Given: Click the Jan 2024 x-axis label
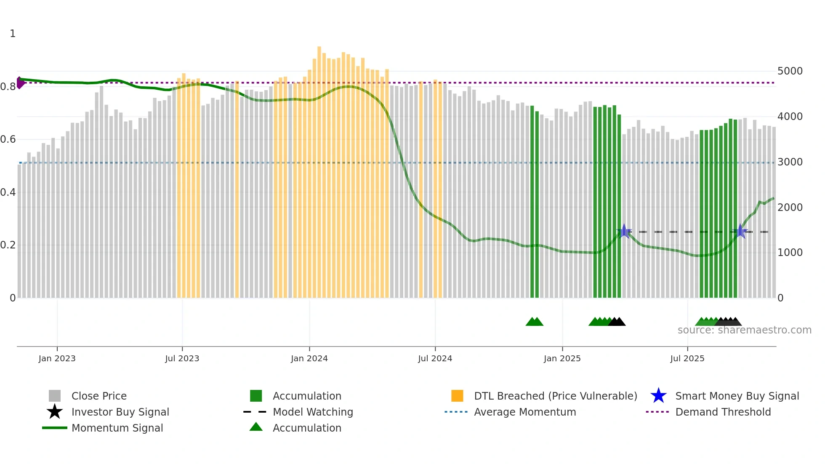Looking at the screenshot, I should pyautogui.click(x=309, y=358).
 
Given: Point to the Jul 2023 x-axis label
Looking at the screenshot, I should pyautogui.click(x=182, y=358).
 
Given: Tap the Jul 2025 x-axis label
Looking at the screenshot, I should pyautogui.click(x=687, y=358).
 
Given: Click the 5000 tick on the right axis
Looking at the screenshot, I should pyautogui.click(x=790, y=71).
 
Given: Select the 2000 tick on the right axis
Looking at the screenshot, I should pyautogui.click(x=790, y=207).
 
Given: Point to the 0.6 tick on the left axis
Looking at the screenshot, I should pyautogui.click(x=8, y=139).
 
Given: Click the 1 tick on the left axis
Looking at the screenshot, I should pyautogui.click(x=13, y=34).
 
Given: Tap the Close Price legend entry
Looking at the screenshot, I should pyautogui.click(x=99, y=396).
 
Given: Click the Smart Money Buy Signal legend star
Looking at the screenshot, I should pyautogui.click(x=658, y=396).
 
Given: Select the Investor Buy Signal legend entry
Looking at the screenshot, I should pyautogui.click(x=120, y=412).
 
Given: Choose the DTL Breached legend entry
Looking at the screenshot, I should pyautogui.click(x=555, y=396).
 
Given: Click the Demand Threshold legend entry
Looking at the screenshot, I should pyautogui.click(x=723, y=412).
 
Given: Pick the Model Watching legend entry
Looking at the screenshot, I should pyautogui.click(x=313, y=412).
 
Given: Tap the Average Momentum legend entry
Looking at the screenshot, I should pyautogui.click(x=524, y=412).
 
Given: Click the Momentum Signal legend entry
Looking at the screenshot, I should pyautogui.click(x=117, y=428).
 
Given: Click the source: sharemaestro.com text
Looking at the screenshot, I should pyautogui.click(x=744, y=330).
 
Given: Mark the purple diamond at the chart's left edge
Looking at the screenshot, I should pyautogui.click(x=20, y=83).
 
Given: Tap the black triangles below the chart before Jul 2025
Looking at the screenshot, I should pyautogui.click(x=617, y=322).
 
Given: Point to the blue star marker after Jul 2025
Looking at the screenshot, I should pyautogui.click(x=740, y=231).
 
